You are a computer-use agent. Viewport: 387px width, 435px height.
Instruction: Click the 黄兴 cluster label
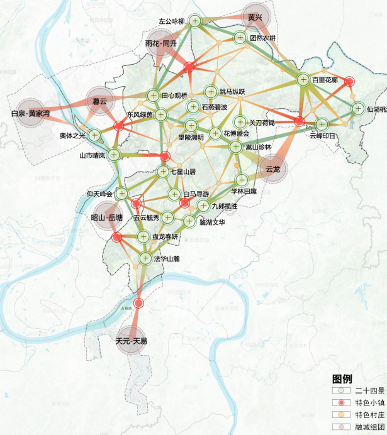click(255, 17)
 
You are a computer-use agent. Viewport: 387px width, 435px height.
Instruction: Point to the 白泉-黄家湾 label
click(30, 114)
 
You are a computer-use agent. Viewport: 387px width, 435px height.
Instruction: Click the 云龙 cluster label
click(272, 168)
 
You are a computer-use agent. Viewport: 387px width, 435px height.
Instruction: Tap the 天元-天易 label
click(131, 341)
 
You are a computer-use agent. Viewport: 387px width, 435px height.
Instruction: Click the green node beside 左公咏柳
click(196, 21)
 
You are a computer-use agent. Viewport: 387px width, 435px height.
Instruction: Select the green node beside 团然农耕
click(240, 38)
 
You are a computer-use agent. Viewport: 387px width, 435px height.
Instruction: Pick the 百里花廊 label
click(325, 80)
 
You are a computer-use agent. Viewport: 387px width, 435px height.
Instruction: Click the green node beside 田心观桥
click(154, 96)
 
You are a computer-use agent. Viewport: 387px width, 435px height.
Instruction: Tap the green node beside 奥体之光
click(95, 135)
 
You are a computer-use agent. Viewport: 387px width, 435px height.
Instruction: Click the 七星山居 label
click(183, 171)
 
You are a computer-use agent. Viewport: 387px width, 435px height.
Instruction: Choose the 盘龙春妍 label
click(165, 236)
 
